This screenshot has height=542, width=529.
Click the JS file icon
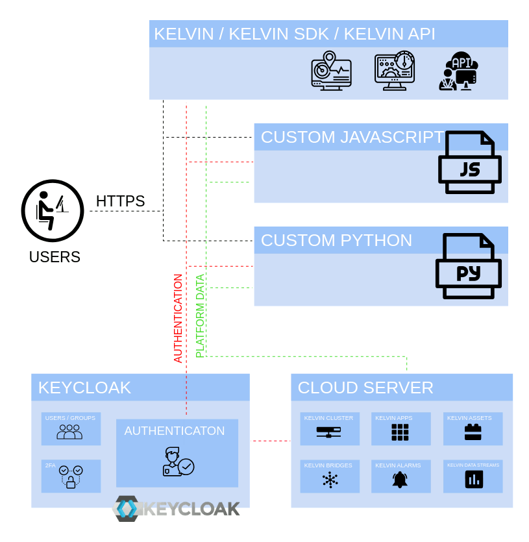pos(470,162)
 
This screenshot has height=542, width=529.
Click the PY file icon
pos(468,266)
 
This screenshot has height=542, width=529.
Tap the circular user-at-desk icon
pos(53,210)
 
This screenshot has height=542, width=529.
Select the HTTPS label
pos(120,201)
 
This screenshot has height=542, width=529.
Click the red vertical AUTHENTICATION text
pos(178,318)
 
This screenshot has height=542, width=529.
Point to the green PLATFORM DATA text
pos(200,315)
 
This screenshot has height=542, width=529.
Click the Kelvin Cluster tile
pos(329,428)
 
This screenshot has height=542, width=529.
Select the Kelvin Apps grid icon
pos(400,432)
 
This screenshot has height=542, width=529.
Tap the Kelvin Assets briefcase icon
pos(473,432)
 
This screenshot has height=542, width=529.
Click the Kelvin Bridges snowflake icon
pos(330,480)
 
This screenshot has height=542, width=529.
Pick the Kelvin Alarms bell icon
pos(400,480)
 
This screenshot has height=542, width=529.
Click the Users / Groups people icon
pos(69,432)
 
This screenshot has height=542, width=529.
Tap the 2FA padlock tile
pos(71,476)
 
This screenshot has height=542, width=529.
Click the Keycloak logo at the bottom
pos(177,508)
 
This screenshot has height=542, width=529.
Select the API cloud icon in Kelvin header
pos(459,71)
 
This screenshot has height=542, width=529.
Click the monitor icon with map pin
pos(331,71)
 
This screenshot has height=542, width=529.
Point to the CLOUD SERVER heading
pos(365,388)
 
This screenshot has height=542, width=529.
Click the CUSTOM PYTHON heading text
pos(336,240)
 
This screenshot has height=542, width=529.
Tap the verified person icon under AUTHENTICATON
pos(177,462)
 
